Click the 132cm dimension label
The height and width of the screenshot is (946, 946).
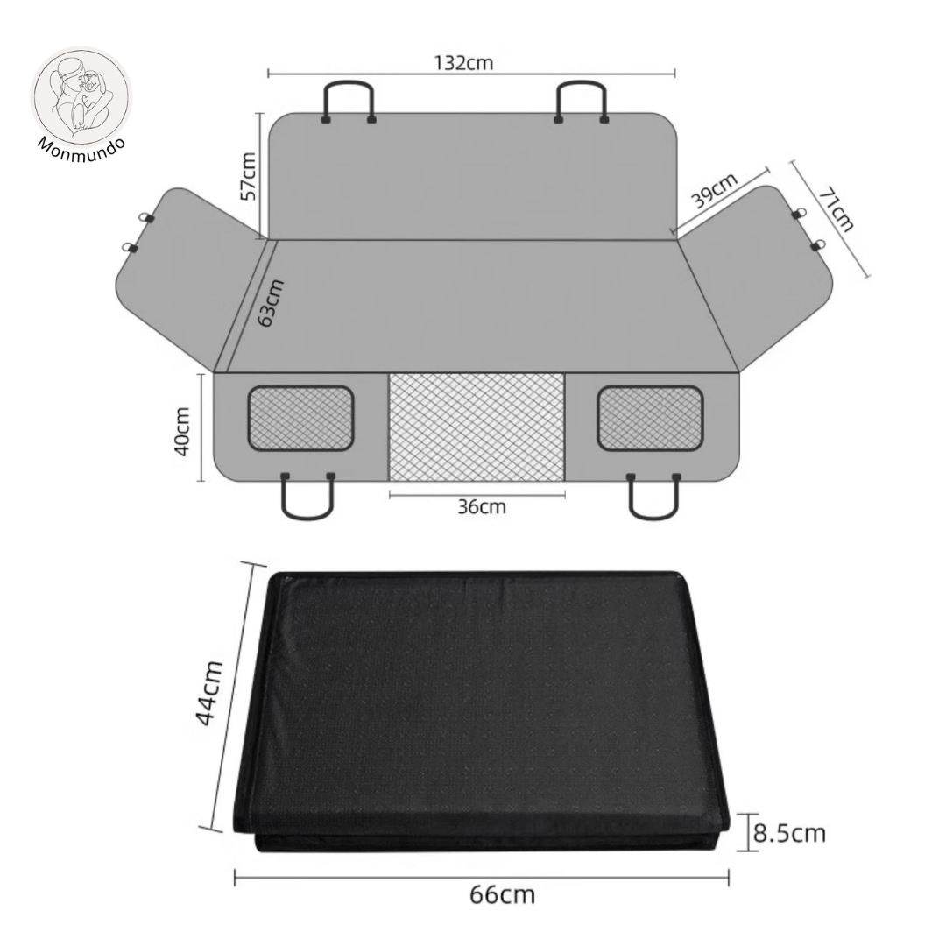click(463, 62)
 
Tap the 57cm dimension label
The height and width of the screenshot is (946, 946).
click(248, 175)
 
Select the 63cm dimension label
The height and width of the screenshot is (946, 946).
click(271, 303)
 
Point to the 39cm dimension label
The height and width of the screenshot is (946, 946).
click(715, 191)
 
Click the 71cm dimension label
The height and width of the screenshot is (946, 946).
click(837, 208)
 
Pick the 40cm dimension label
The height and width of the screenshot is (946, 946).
click(182, 431)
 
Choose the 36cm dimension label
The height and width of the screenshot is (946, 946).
click(482, 506)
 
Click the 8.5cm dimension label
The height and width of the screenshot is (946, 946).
click(789, 833)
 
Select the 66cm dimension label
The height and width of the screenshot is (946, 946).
click(502, 894)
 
